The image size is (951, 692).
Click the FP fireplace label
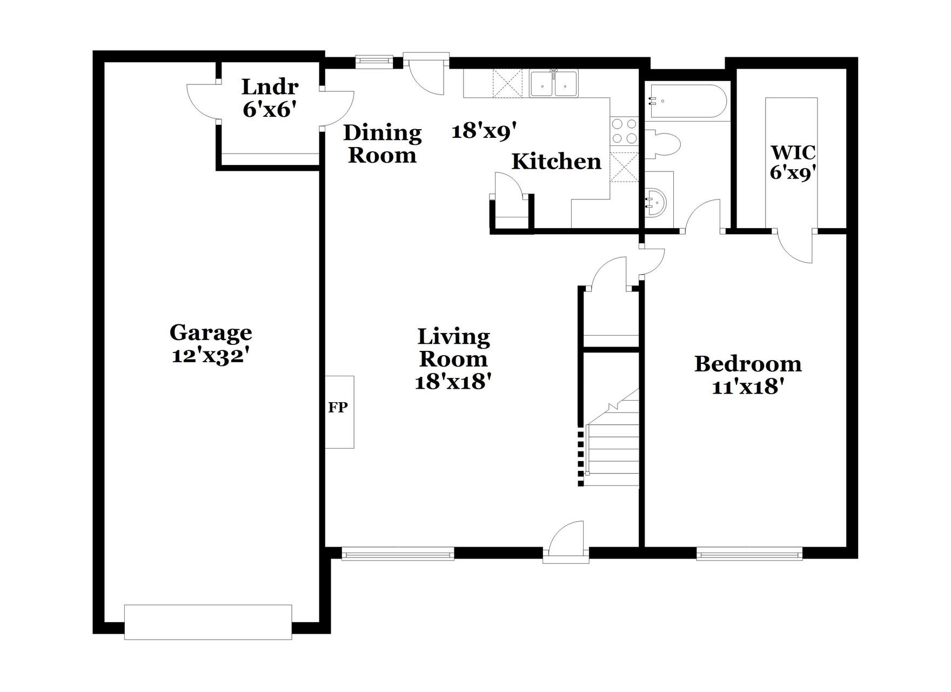[x=338, y=408]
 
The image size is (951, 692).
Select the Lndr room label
[x=270, y=86]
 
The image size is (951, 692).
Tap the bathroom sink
[x=656, y=203]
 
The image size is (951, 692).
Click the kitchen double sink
[x=553, y=84]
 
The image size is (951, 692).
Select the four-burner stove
[x=624, y=131]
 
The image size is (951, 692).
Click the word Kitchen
[x=556, y=162]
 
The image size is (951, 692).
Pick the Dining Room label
[x=382, y=144]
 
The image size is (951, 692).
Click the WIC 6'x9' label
[x=793, y=162]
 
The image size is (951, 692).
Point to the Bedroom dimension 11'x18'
[x=748, y=387]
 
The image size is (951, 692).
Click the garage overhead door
[x=208, y=622]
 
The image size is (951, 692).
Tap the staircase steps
[x=612, y=454]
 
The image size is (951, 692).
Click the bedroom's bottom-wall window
[x=749, y=554]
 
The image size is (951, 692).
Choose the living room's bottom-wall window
[x=398, y=554]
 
